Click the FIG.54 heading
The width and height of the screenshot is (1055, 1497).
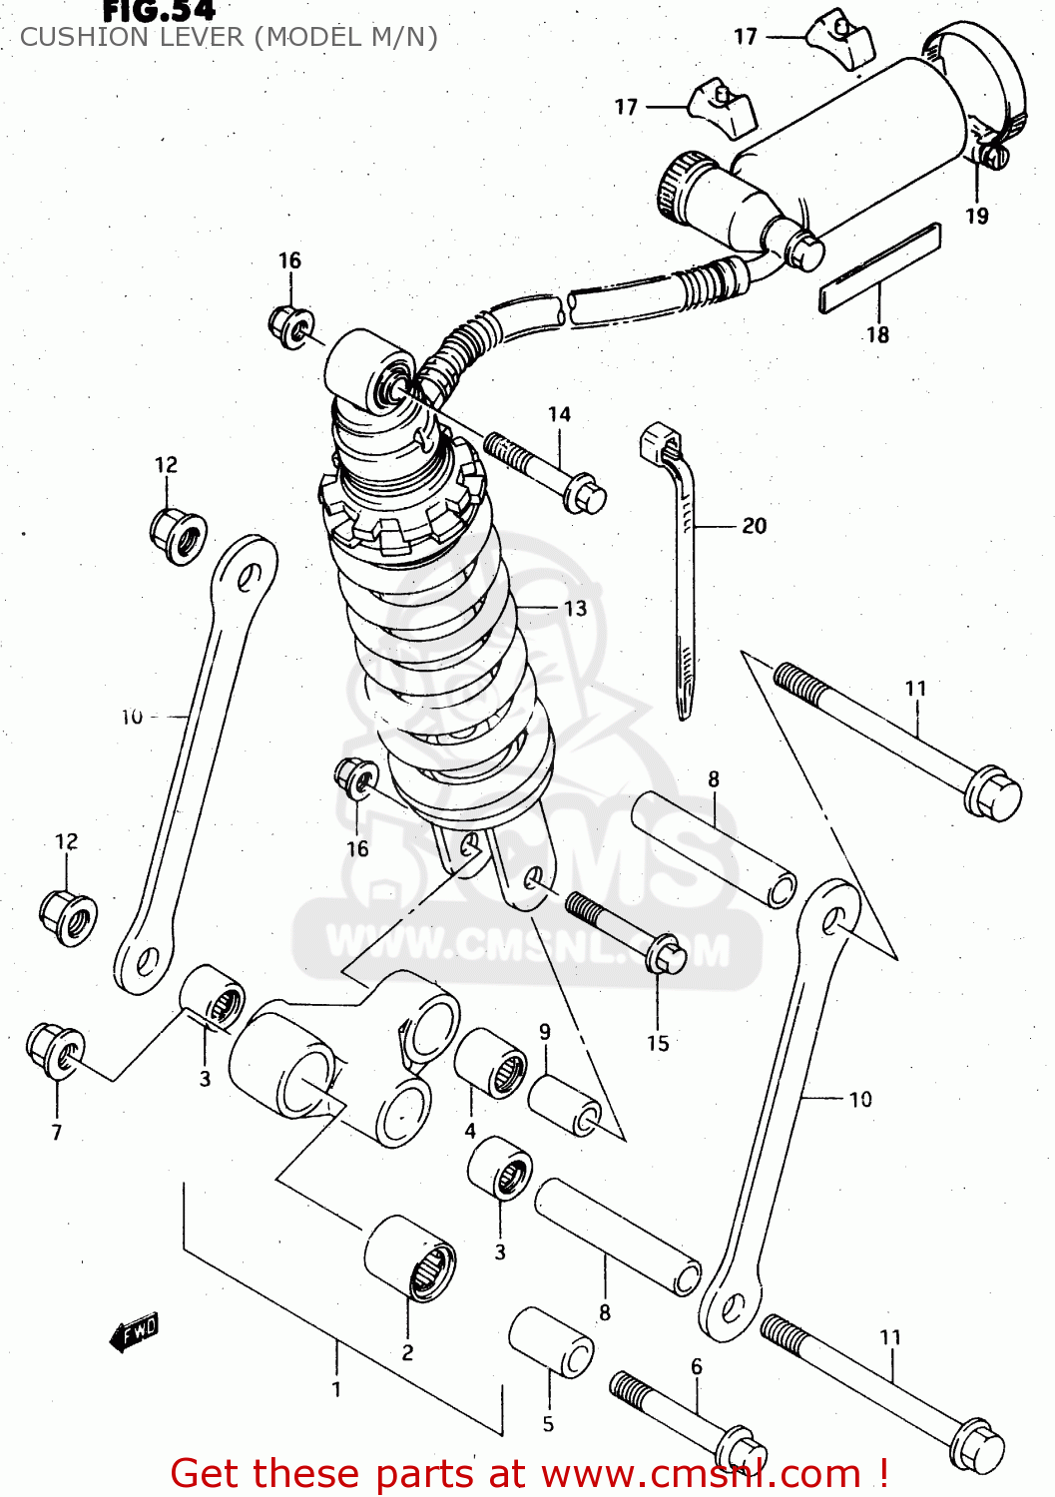(160, 11)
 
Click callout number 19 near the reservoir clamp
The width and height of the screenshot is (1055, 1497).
(977, 216)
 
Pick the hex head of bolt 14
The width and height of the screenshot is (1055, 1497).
(584, 494)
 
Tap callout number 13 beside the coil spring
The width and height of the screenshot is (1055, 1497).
(575, 608)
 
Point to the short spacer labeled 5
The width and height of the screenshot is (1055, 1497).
(551, 1342)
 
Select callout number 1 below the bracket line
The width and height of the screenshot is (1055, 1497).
(336, 1388)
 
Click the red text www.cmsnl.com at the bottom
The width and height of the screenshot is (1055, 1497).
(704, 1474)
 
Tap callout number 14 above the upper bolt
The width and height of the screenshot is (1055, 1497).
(559, 414)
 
